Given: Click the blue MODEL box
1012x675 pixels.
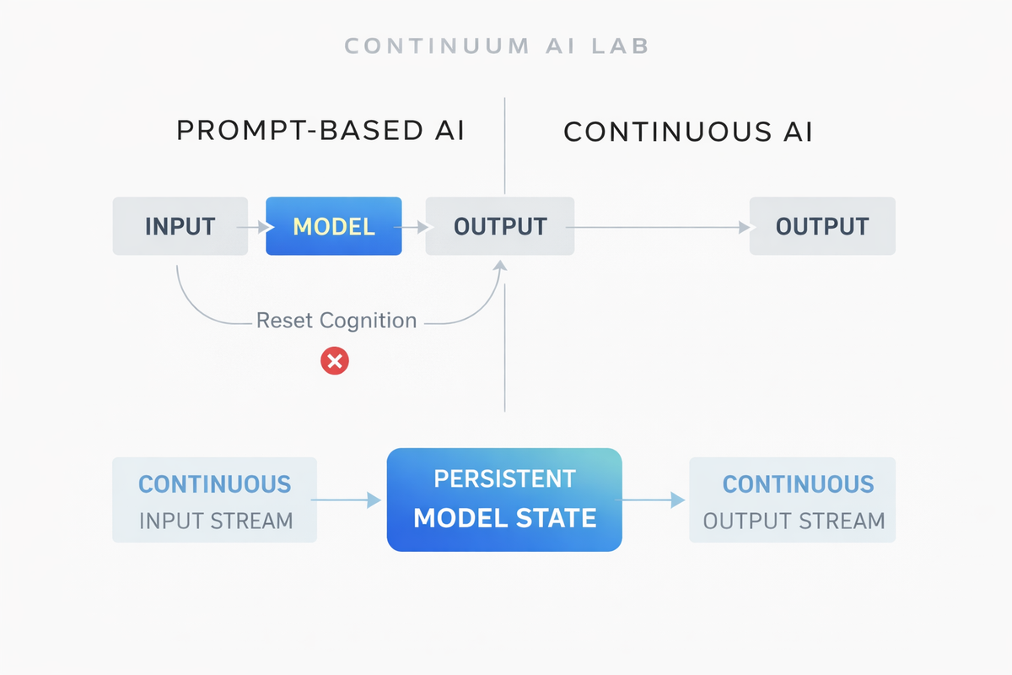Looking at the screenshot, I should [x=334, y=226].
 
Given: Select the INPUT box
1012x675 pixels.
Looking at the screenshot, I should [x=180, y=226].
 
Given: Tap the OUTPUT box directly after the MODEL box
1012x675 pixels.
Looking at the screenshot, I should [x=500, y=226].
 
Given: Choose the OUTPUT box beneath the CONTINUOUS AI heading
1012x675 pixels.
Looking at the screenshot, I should [x=822, y=226].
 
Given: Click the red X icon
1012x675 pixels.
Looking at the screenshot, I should [x=335, y=362].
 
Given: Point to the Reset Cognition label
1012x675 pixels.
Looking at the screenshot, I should [x=336, y=321].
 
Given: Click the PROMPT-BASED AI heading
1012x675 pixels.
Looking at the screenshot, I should [x=320, y=131].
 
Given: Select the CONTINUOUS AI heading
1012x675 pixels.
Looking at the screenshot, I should [x=688, y=132].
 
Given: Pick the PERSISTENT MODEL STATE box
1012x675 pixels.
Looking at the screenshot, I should [x=504, y=499].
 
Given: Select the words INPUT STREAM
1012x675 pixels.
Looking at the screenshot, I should [x=216, y=520].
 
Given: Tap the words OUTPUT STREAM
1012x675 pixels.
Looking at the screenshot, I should [x=794, y=520].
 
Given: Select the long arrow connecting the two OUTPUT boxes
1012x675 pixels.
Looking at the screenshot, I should [x=662, y=226].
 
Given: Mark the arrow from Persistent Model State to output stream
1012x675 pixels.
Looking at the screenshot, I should [x=654, y=500].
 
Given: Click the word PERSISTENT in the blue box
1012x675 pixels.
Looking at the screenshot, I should [x=504, y=478].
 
